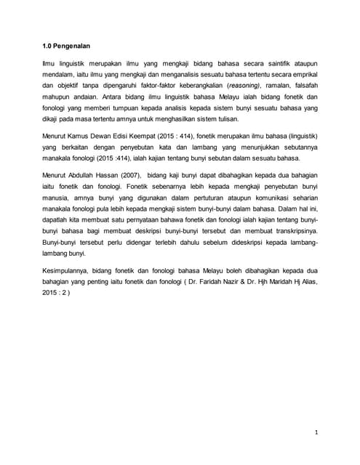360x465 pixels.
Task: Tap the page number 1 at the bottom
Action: [x=317, y=434]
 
